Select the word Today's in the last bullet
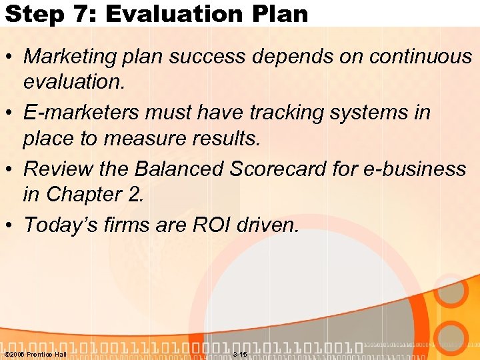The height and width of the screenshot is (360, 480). tap(62, 225)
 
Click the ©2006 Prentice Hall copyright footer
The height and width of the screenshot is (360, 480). tap(35, 353)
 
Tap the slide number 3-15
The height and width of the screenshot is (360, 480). tap(239, 353)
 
